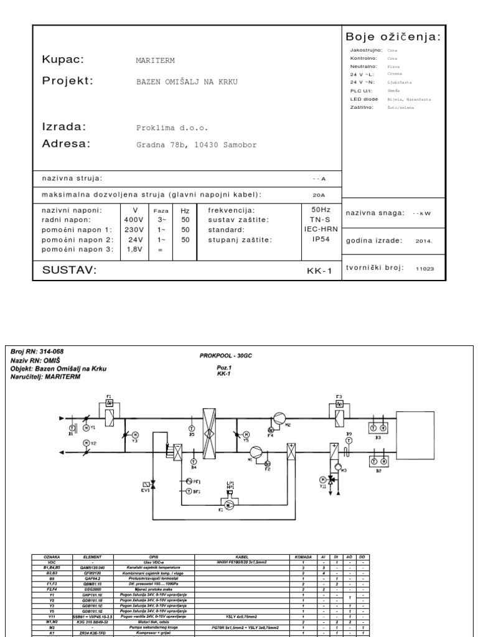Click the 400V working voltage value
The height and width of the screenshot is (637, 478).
[134, 220]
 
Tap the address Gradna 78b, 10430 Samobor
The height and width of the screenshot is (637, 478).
[196, 145]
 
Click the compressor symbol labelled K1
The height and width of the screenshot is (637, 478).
[229, 506]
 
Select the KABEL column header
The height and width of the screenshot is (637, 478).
[242, 557]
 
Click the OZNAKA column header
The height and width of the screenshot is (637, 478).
[50, 557]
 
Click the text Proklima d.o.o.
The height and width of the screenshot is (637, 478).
[172, 128]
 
